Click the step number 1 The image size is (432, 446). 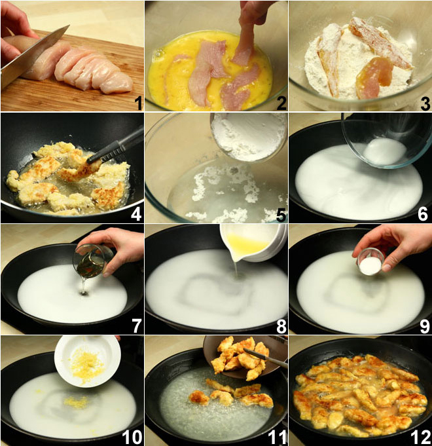click(x=138, y=103)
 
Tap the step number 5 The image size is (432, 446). click(x=281, y=215)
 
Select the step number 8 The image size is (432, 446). click(x=281, y=327)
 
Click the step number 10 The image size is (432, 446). click(x=132, y=437)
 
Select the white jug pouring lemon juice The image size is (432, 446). click(x=253, y=242)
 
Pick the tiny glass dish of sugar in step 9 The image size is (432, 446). click(x=371, y=262)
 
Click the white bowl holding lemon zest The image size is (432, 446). click(x=88, y=362)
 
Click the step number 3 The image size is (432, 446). click(x=425, y=103)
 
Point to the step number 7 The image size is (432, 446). click(x=137, y=327)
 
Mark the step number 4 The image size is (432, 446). click(x=136, y=215)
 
